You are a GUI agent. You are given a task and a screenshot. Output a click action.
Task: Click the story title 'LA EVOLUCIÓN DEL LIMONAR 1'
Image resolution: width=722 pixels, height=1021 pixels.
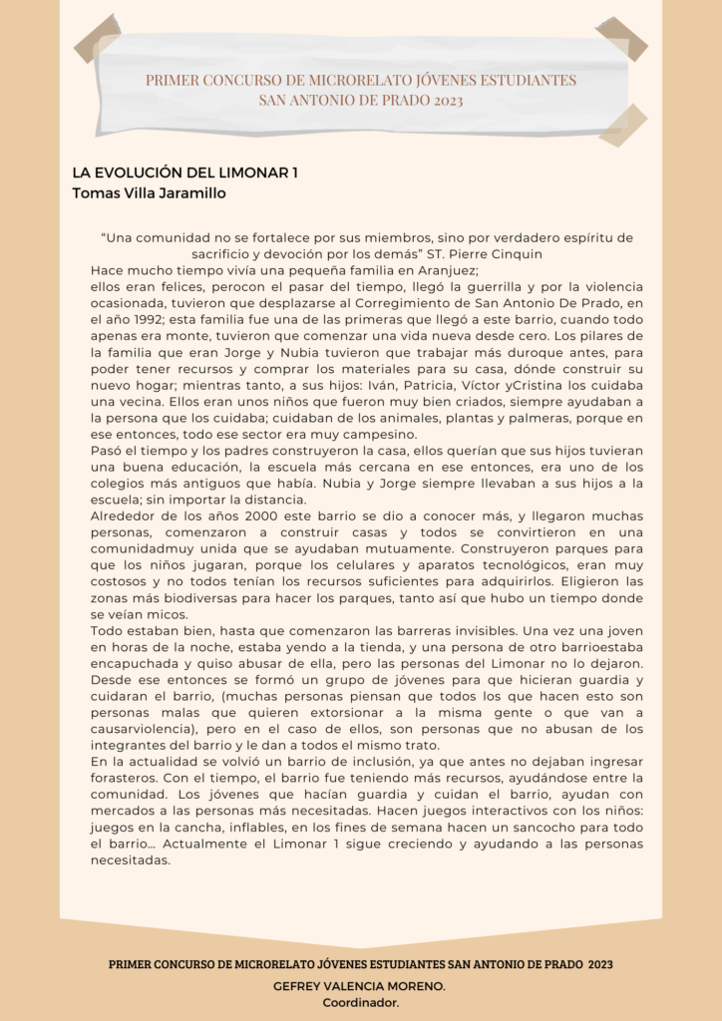[185, 172]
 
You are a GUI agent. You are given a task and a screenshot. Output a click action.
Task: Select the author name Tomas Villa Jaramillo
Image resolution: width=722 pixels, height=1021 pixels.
[150, 192]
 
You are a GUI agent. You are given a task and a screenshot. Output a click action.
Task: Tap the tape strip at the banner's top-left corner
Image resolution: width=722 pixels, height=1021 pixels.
[97, 39]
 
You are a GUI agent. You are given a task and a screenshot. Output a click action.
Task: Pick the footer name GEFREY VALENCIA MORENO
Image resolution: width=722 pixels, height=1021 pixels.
[359, 985]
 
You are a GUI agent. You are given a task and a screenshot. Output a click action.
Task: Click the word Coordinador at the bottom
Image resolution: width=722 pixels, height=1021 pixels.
[360, 1002]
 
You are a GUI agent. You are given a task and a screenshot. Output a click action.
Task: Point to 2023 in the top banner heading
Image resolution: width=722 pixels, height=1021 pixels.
[442, 100]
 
